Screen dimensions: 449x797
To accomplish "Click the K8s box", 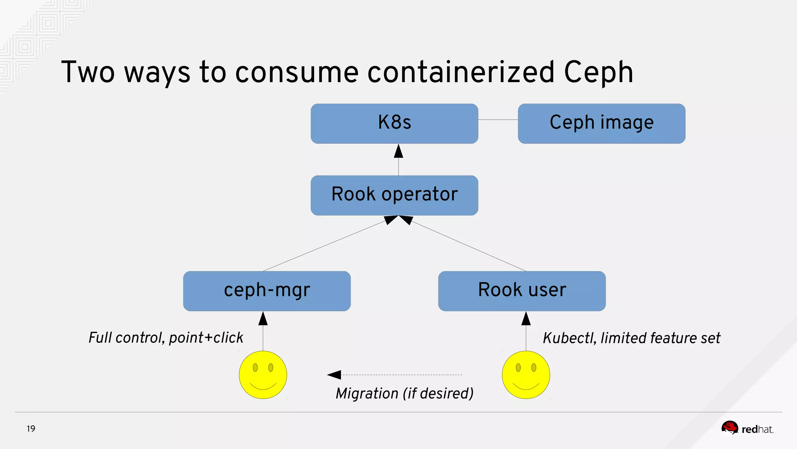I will coord(394,123).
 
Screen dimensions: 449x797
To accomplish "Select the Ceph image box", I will coord(601,123).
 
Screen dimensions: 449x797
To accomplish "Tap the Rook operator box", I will coord(394,195).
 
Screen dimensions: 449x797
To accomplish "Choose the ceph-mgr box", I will coord(267,291).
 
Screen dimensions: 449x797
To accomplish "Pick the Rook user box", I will coord(521,291).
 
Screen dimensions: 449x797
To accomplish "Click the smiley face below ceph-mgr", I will coord(263,375).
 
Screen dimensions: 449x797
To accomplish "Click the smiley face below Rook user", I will coord(526,375).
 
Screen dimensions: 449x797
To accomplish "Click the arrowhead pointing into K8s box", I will coord(398,151).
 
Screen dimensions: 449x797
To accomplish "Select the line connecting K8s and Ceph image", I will coord(498,120).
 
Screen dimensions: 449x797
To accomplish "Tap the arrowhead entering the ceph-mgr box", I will coord(263,319).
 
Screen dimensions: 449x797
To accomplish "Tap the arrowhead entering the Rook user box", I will coord(526,319).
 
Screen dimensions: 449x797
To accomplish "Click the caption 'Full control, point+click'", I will coord(166,338).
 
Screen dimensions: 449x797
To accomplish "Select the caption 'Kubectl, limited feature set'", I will coord(631,338).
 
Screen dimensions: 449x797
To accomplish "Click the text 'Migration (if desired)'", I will coord(404,393).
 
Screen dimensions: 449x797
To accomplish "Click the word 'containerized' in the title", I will coord(460,72).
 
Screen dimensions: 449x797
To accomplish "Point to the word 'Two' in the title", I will coord(88,72).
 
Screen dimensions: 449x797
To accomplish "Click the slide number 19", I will coord(31,429).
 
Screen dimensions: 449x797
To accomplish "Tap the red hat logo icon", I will coord(729,428).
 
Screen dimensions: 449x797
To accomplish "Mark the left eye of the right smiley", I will coord(518,367).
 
